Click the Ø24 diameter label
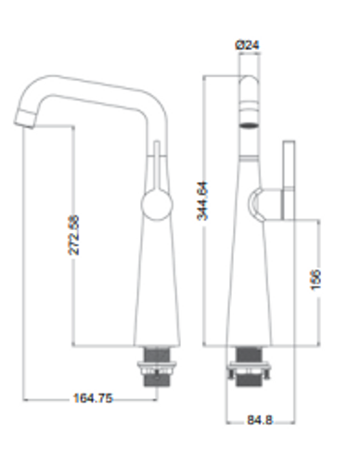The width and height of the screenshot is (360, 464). [247, 45]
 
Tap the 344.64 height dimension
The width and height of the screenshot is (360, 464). [203, 200]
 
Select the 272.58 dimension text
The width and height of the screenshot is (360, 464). [73, 235]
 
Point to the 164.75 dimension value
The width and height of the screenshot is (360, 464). [93, 398]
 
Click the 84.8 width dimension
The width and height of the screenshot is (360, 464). [260, 420]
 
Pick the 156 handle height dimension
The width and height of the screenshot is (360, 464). [315, 279]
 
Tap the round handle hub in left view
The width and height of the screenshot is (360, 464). [157, 204]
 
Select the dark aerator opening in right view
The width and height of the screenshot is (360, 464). [249, 125]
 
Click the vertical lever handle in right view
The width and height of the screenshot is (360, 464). [289, 180]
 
